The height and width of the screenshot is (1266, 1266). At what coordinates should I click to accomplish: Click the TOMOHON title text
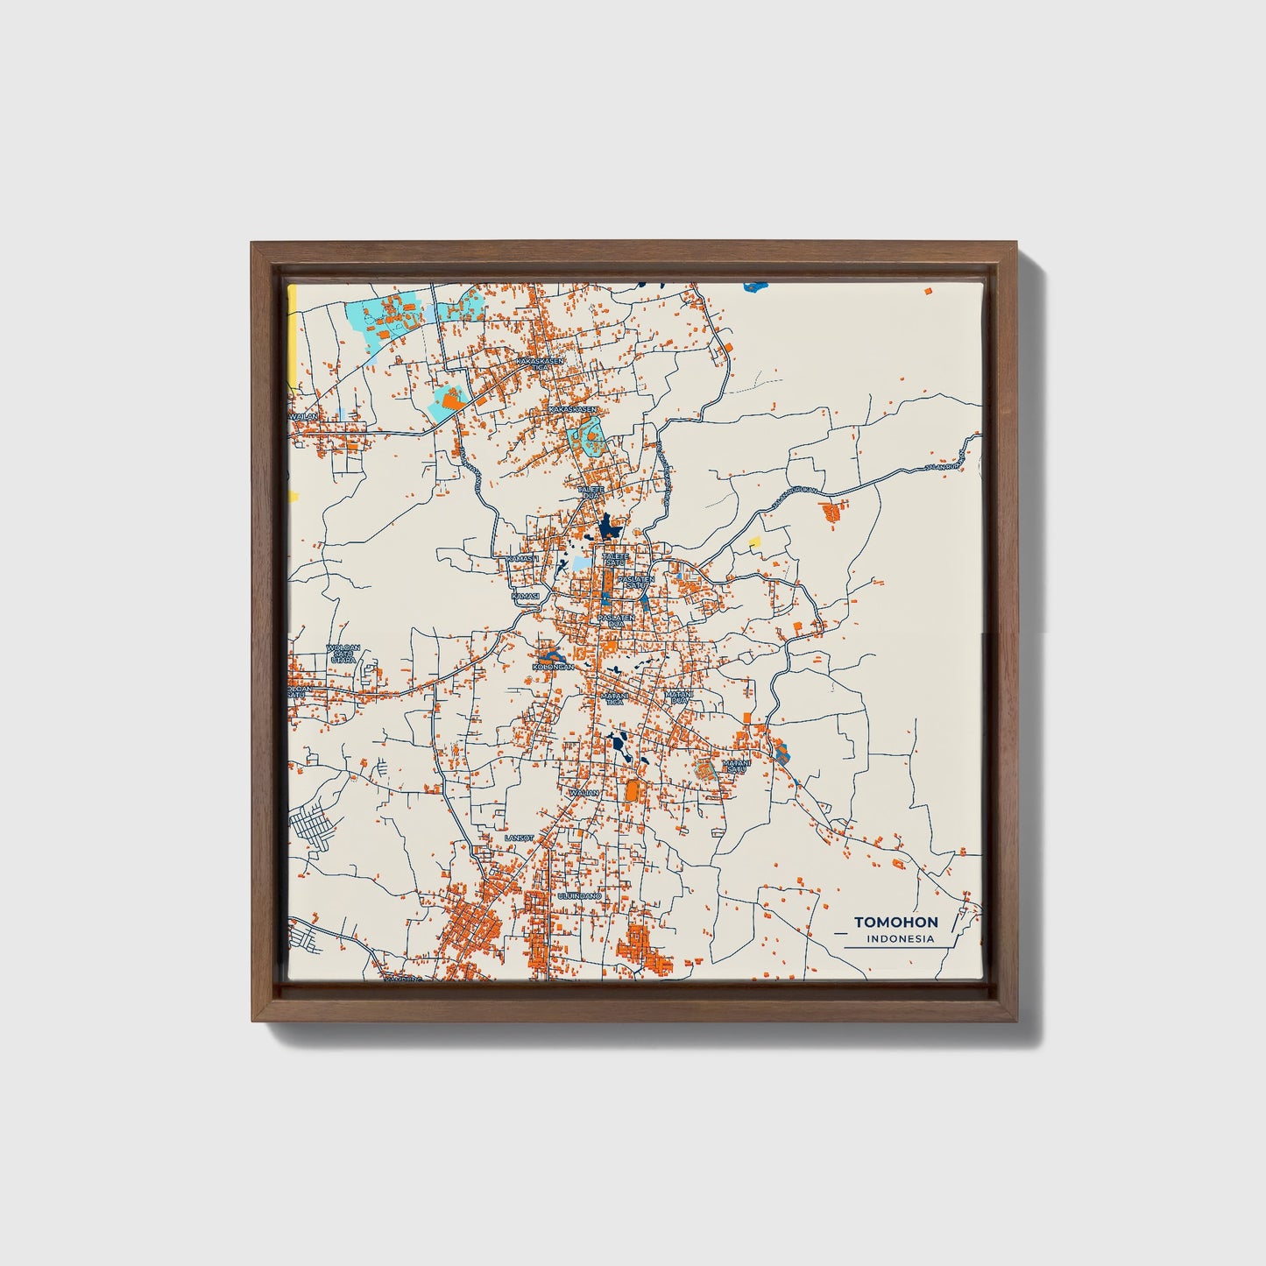click(895, 922)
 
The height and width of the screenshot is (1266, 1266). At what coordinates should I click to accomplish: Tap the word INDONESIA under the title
click(899, 939)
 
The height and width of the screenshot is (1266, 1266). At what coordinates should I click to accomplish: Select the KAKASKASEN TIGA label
click(539, 362)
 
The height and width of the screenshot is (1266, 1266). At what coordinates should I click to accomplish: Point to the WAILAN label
click(303, 417)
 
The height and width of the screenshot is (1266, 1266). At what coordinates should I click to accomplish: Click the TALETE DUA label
click(592, 492)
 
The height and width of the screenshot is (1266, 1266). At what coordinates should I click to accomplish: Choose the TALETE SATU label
click(615, 558)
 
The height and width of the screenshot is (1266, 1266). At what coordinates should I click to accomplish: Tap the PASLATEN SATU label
click(636, 582)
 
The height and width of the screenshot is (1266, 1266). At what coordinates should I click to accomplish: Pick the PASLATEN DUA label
click(616, 619)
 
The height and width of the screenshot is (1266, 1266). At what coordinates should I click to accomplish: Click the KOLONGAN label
click(553, 667)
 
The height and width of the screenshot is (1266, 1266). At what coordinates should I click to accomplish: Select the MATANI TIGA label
click(612, 698)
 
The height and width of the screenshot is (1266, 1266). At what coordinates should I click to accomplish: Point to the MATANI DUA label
click(679, 697)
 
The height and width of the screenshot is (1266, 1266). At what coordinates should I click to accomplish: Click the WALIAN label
click(583, 793)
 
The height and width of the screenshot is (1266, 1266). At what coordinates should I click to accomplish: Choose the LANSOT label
click(519, 838)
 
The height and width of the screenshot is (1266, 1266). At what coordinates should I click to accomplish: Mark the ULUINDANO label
click(580, 897)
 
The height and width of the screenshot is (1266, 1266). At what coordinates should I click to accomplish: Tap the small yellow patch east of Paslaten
click(754, 542)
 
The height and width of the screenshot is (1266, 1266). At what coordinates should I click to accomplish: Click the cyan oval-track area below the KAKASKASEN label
click(585, 435)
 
